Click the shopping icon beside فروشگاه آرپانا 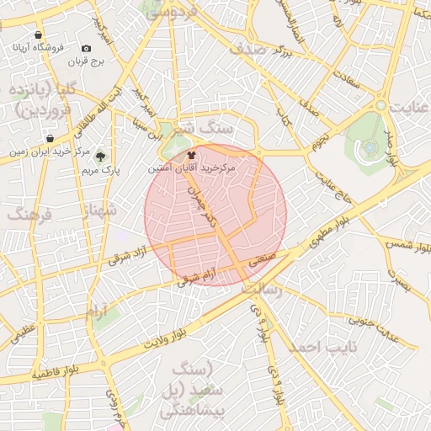pyautogui.click(x=39, y=35)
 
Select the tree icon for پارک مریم pyautogui.click(x=100, y=157)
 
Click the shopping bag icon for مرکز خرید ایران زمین pyautogui.click(x=51, y=139)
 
